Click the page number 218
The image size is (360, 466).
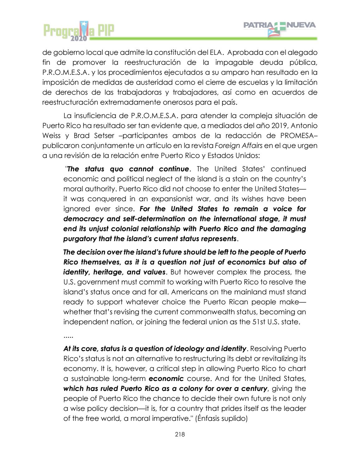pyautogui.click(x=180, y=434)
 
